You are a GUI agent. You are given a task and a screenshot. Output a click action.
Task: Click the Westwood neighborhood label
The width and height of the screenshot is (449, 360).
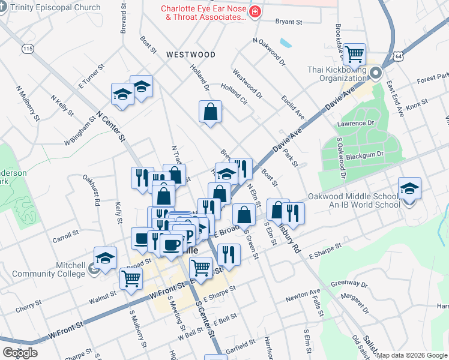(x=190, y=55)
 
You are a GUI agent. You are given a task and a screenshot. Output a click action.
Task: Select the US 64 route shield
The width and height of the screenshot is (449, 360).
(x=399, y=56)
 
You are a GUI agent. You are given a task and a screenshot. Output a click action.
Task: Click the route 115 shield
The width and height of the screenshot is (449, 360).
(x=27, y=48)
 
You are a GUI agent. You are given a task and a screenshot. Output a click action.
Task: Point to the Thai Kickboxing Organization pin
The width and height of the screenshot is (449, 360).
(x=376, y=74)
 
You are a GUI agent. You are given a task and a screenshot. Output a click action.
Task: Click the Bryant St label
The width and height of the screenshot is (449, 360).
(x=288, y=22)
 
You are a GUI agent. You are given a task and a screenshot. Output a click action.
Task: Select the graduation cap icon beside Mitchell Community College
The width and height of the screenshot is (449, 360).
(x=105, y=259)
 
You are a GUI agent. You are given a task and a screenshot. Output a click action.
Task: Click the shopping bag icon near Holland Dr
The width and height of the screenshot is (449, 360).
(x=211, y=112)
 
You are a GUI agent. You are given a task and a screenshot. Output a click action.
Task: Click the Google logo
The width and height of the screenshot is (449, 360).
(x=20, y=353)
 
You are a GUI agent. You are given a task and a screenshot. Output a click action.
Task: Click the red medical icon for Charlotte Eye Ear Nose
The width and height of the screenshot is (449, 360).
(x=255, y=12)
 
